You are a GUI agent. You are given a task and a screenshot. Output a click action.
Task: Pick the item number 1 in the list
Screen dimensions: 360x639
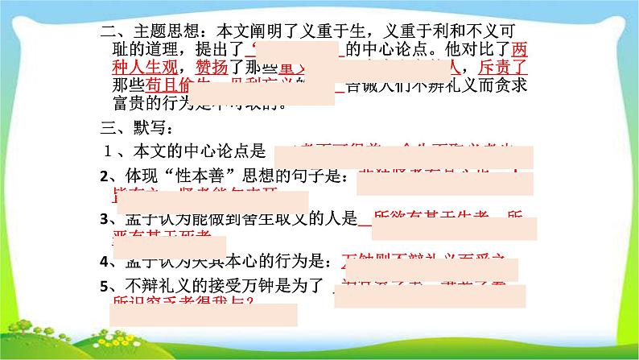pyautogui.click(x=105, y=150)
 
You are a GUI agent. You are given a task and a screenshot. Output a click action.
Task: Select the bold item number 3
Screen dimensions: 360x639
pyautogui.click(x=104, y=220)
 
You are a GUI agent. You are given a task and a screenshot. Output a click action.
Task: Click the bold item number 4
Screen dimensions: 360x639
pyautogui.click(x=104, y=263)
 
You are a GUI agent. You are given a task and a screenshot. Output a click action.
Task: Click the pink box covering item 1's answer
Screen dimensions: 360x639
pyautogui.click(x=404, y=156)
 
